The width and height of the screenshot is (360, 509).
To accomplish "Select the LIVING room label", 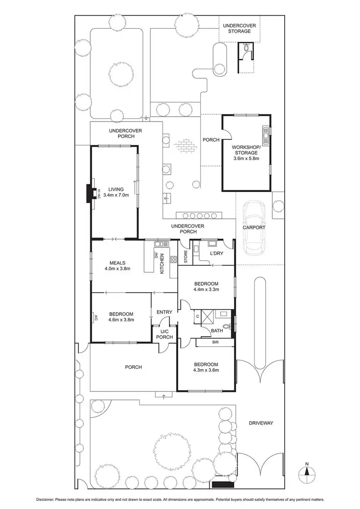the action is [x=116, y=189].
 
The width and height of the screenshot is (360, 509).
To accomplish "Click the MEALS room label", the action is [x=117, y=263].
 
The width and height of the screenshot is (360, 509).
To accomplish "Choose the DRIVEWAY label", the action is [x=261, y=423].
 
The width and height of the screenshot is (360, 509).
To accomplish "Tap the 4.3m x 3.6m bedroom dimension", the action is [x=206, y=370].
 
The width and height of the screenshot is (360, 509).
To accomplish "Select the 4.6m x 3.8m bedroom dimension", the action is [x=121, y=319].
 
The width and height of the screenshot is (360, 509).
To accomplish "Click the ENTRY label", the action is [x=164, y=313].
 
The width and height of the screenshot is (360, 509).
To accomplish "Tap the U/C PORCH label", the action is [x=164, y=334].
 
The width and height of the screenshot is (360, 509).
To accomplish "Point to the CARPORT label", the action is [x=254, y=228].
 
